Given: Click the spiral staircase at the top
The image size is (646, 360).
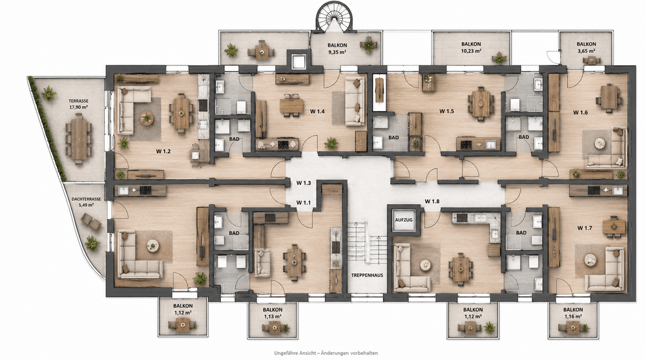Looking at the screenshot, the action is (335, 17).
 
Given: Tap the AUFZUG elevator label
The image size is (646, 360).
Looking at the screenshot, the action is (403, 220).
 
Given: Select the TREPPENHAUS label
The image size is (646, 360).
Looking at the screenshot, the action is (367, 275).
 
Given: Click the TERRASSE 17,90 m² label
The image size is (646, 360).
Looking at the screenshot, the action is (79, 103).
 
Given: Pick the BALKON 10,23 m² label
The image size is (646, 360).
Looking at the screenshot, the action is (472, 47).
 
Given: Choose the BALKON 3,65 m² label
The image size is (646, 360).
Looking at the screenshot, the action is (587, 47).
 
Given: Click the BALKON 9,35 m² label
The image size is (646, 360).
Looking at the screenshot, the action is (337, 48).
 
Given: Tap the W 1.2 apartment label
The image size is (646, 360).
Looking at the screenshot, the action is (163, 151).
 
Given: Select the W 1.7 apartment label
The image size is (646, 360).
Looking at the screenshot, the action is (585, 228).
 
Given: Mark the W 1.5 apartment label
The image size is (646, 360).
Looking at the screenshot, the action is (446, 111).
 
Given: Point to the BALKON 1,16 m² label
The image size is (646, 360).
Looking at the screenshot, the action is (573, 313).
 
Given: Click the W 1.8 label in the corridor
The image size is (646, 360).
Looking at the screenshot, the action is (432, 201).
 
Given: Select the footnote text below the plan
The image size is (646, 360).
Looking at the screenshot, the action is (326, 353).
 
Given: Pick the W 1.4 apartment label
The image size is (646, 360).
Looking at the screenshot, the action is (318, 111).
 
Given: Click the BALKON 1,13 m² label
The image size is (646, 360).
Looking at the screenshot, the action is (273, 313).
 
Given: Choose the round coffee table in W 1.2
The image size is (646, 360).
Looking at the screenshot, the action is (146, 119).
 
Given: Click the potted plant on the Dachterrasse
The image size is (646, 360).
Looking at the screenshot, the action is (92, 243).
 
